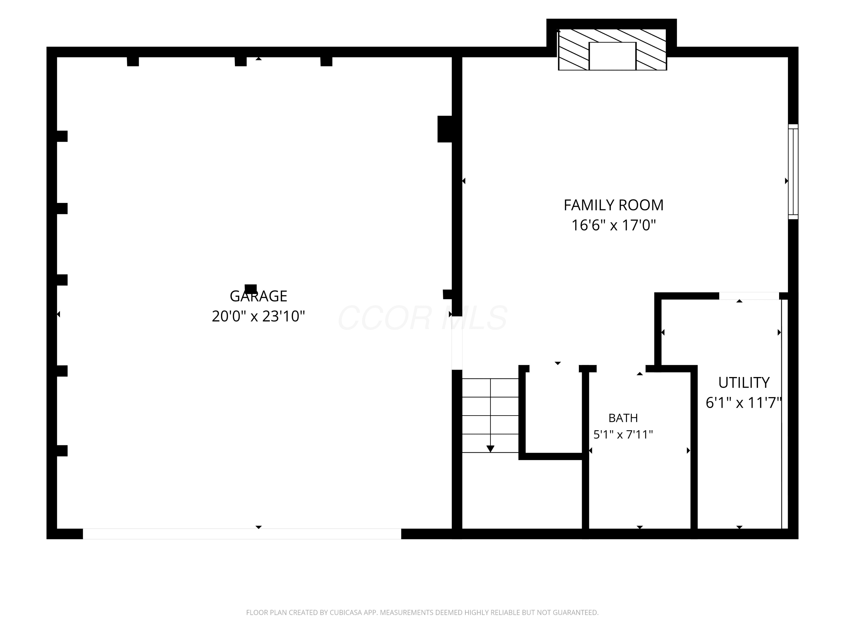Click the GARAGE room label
258,296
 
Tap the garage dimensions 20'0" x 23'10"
258,316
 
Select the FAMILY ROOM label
613,205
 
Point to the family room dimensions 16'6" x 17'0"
613,225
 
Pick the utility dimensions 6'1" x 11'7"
744,402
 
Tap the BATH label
623,418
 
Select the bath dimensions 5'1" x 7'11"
623,435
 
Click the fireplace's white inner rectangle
612,56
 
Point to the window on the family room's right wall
793,172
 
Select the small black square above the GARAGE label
251,289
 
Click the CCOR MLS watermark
422,318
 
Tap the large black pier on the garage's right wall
445,129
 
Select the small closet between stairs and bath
553,411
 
